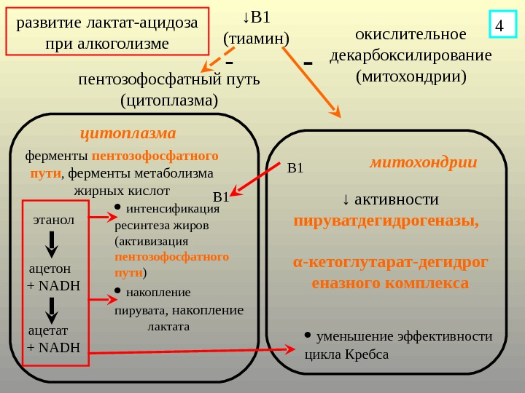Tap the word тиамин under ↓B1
(x=256, y=36)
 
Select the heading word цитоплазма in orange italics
(x=128, y=133)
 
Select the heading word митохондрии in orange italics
(x=423, y=162)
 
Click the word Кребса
(x=367, y=355)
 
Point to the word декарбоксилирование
(x=411, y=55)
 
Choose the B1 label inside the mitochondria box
(x=295, y=170)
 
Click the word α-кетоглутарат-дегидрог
(x=391, y=262)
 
